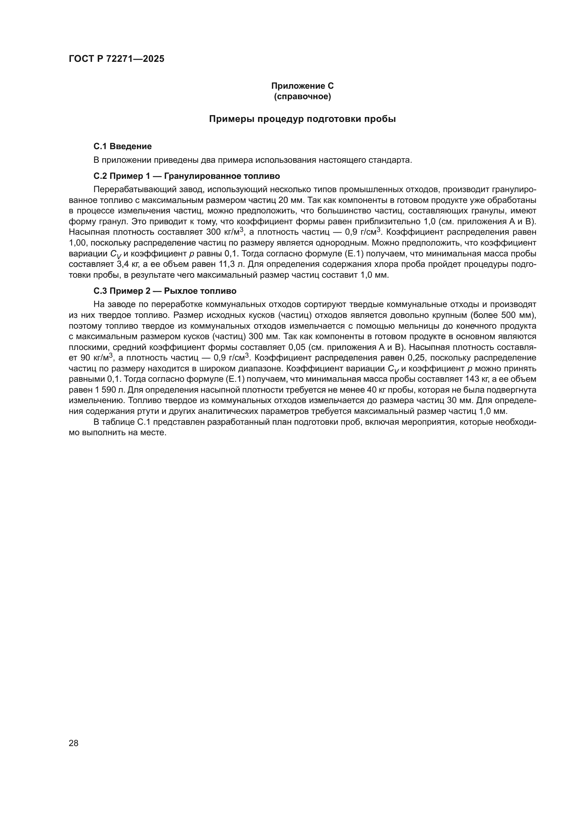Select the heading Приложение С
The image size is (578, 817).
302,86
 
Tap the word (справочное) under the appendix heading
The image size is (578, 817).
302,96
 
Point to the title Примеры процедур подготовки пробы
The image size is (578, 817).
302,119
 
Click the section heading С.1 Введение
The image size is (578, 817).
122,146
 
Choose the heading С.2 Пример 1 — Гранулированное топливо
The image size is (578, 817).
187,176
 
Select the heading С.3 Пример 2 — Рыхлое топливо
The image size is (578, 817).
165,291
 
